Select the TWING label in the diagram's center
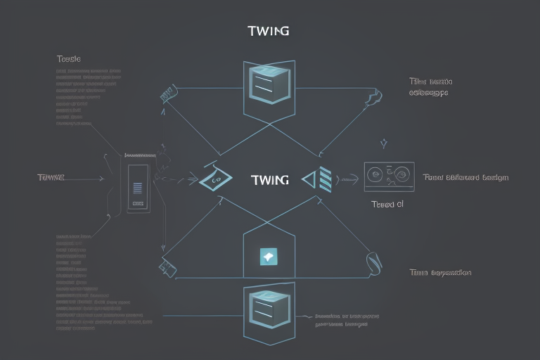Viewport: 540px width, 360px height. [x=269, y=180]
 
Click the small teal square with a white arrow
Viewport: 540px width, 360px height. [x=268, y=257]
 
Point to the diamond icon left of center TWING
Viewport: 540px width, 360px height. [x=215, y=179]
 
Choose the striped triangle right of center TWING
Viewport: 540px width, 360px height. [x=319, y=180]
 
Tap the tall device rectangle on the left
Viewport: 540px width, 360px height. [x=138, y=188]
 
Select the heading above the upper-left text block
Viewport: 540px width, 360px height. [x=68, y=60]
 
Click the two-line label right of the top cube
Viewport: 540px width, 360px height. [x=429, y=86]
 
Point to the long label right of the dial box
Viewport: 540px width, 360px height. [x=466, y=178]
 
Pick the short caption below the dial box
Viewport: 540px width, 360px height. [x=387, y=204]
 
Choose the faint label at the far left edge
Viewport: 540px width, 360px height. [x=51, y=178]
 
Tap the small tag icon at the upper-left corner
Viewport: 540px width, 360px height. [x=167, y=94]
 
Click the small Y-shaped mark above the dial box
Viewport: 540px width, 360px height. [x=384, y=143]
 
